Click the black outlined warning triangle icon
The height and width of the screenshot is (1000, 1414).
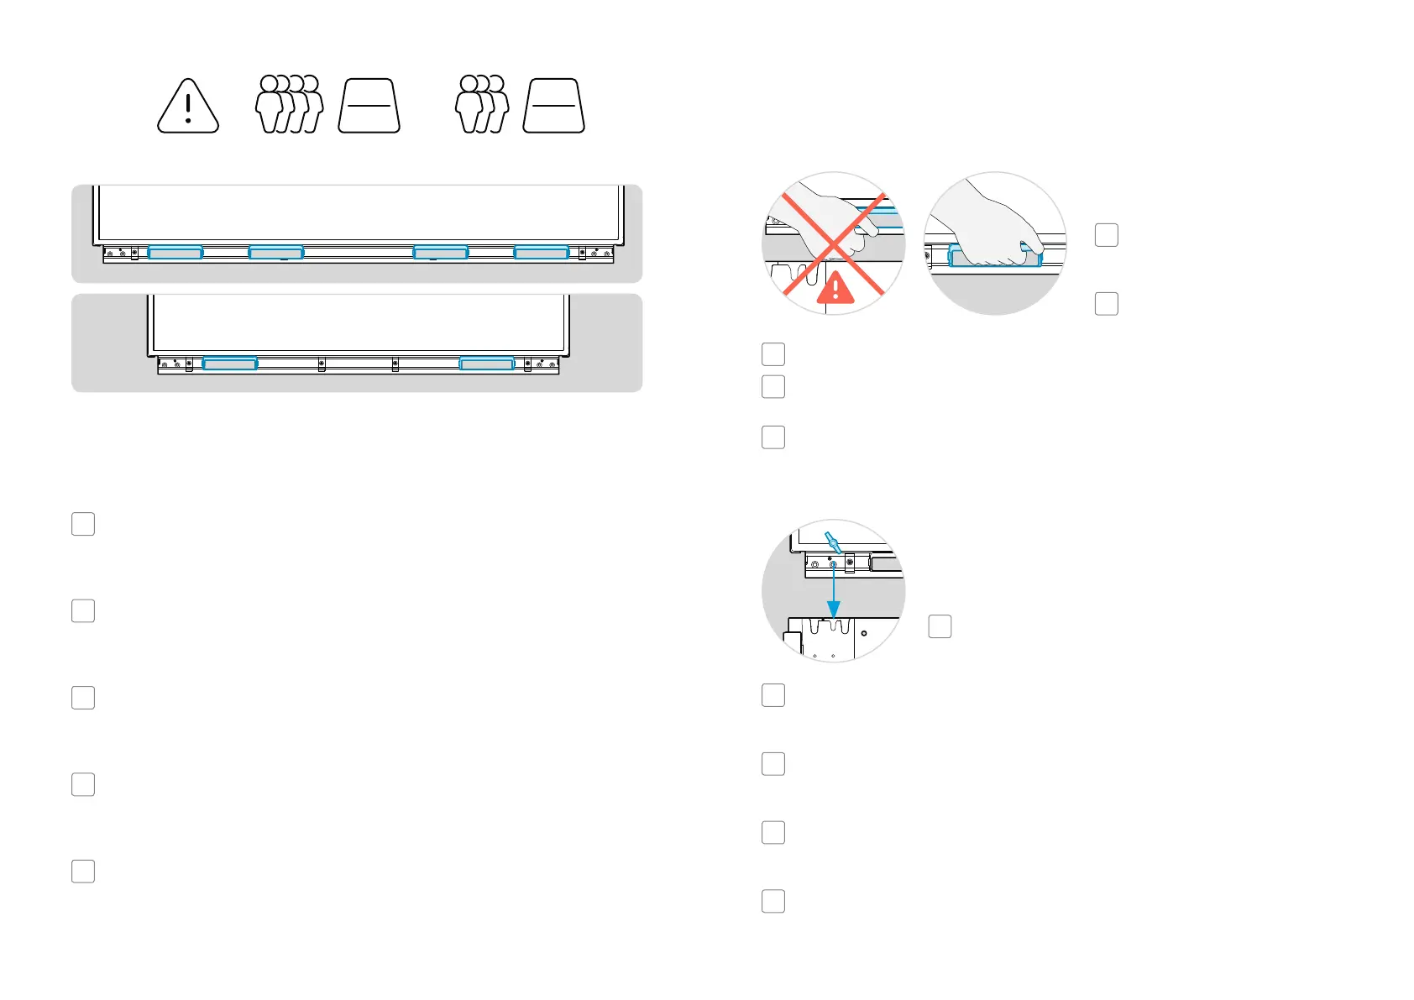(188, 107)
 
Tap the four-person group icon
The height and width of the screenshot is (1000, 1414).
(289, 104)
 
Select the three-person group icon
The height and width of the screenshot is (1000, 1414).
(481, 104)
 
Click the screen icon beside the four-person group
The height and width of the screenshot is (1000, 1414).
(369, 106)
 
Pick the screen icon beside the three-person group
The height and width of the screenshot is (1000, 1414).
(553, 106)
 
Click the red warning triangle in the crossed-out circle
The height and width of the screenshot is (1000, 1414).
(835, 288)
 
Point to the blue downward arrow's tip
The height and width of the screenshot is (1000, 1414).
(833, 615)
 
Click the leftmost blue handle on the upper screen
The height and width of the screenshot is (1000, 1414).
(175, 253)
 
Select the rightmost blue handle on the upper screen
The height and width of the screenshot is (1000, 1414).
(542, 253)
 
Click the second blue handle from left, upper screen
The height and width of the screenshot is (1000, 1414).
(276, 253)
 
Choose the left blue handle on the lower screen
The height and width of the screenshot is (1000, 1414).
(230, 364)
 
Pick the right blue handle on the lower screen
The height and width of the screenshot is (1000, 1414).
(487, 364)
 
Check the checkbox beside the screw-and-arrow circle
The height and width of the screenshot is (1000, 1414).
(940, 626)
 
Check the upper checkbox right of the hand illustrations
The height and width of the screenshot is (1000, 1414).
(1107, 235)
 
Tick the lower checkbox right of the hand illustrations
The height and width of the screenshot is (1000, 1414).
(1107, 304)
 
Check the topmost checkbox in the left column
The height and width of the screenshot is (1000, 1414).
(83, 524)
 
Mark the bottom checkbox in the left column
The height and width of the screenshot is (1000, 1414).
(83, 872)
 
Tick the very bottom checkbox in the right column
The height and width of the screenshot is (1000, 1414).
(773, 902)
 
